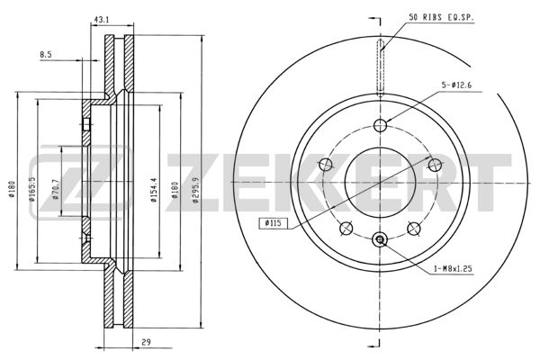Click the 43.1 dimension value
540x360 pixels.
click(x=101, y=20)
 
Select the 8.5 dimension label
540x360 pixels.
click(x=46, y=54)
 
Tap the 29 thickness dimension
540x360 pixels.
click(x=146, y=342)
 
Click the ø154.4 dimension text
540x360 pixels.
click(x=154, y=190)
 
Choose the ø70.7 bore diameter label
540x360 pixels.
click(x=56, y=190)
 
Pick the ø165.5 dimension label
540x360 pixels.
click(x=32, y=190)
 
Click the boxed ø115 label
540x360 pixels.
click(x=273, y=223)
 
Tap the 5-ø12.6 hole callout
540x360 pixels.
click(x=456, y=85)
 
